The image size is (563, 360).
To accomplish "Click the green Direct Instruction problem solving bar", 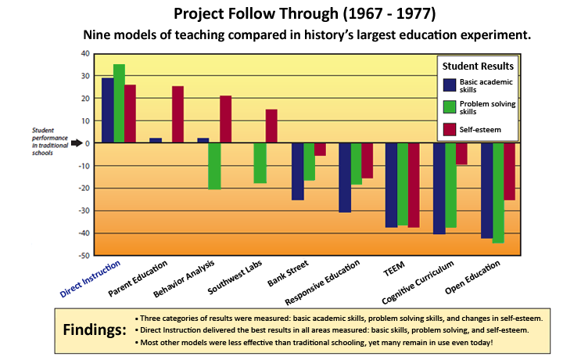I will pos(119,103).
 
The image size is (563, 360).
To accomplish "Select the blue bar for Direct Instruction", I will pos(107,110).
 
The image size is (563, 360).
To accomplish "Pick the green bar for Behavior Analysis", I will pos(213,166).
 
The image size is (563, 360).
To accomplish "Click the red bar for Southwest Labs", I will pos(271,126).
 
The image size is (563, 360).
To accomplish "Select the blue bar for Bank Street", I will pos(297,171).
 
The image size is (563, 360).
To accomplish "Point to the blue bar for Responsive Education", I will pos(344,178).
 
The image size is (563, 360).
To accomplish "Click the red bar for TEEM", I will pos(414,185).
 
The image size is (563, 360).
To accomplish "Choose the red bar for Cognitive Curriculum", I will pos(461,153).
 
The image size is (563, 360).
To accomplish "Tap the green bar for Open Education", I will pos(497,193).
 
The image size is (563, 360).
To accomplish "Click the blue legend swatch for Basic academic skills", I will pos(449,85).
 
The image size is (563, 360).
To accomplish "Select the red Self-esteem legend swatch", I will pos(449,130).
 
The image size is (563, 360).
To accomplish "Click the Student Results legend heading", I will pos(477,66).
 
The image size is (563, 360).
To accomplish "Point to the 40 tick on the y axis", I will pos(86,54).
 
